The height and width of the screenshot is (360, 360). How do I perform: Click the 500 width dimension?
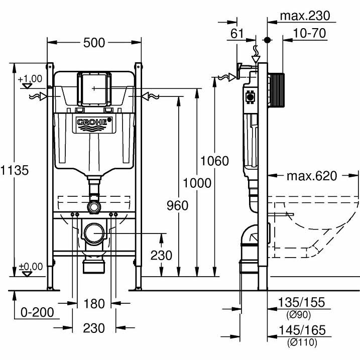coord(94,43)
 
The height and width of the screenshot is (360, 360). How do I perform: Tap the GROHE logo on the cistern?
coord(94,122)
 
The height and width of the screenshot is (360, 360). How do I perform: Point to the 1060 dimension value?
coord(214,161)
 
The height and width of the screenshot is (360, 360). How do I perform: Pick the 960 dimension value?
coord(177,205)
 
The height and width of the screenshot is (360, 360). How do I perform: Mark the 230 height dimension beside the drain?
coord(161,255)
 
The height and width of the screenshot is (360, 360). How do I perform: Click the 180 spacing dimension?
coord(94,304)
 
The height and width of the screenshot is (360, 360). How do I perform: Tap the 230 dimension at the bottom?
coord(94,328)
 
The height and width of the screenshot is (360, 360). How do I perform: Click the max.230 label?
coord(305,16)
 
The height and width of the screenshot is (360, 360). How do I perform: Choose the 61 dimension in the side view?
coord(237,34)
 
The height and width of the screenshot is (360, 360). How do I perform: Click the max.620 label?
coord(312,176)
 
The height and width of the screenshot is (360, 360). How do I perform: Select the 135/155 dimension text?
coord(301,302)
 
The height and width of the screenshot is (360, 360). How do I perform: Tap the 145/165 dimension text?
coord(301,330)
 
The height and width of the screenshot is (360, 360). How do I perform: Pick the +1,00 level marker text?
coord(30,79)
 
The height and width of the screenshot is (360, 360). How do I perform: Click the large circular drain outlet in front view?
coord(94,233)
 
